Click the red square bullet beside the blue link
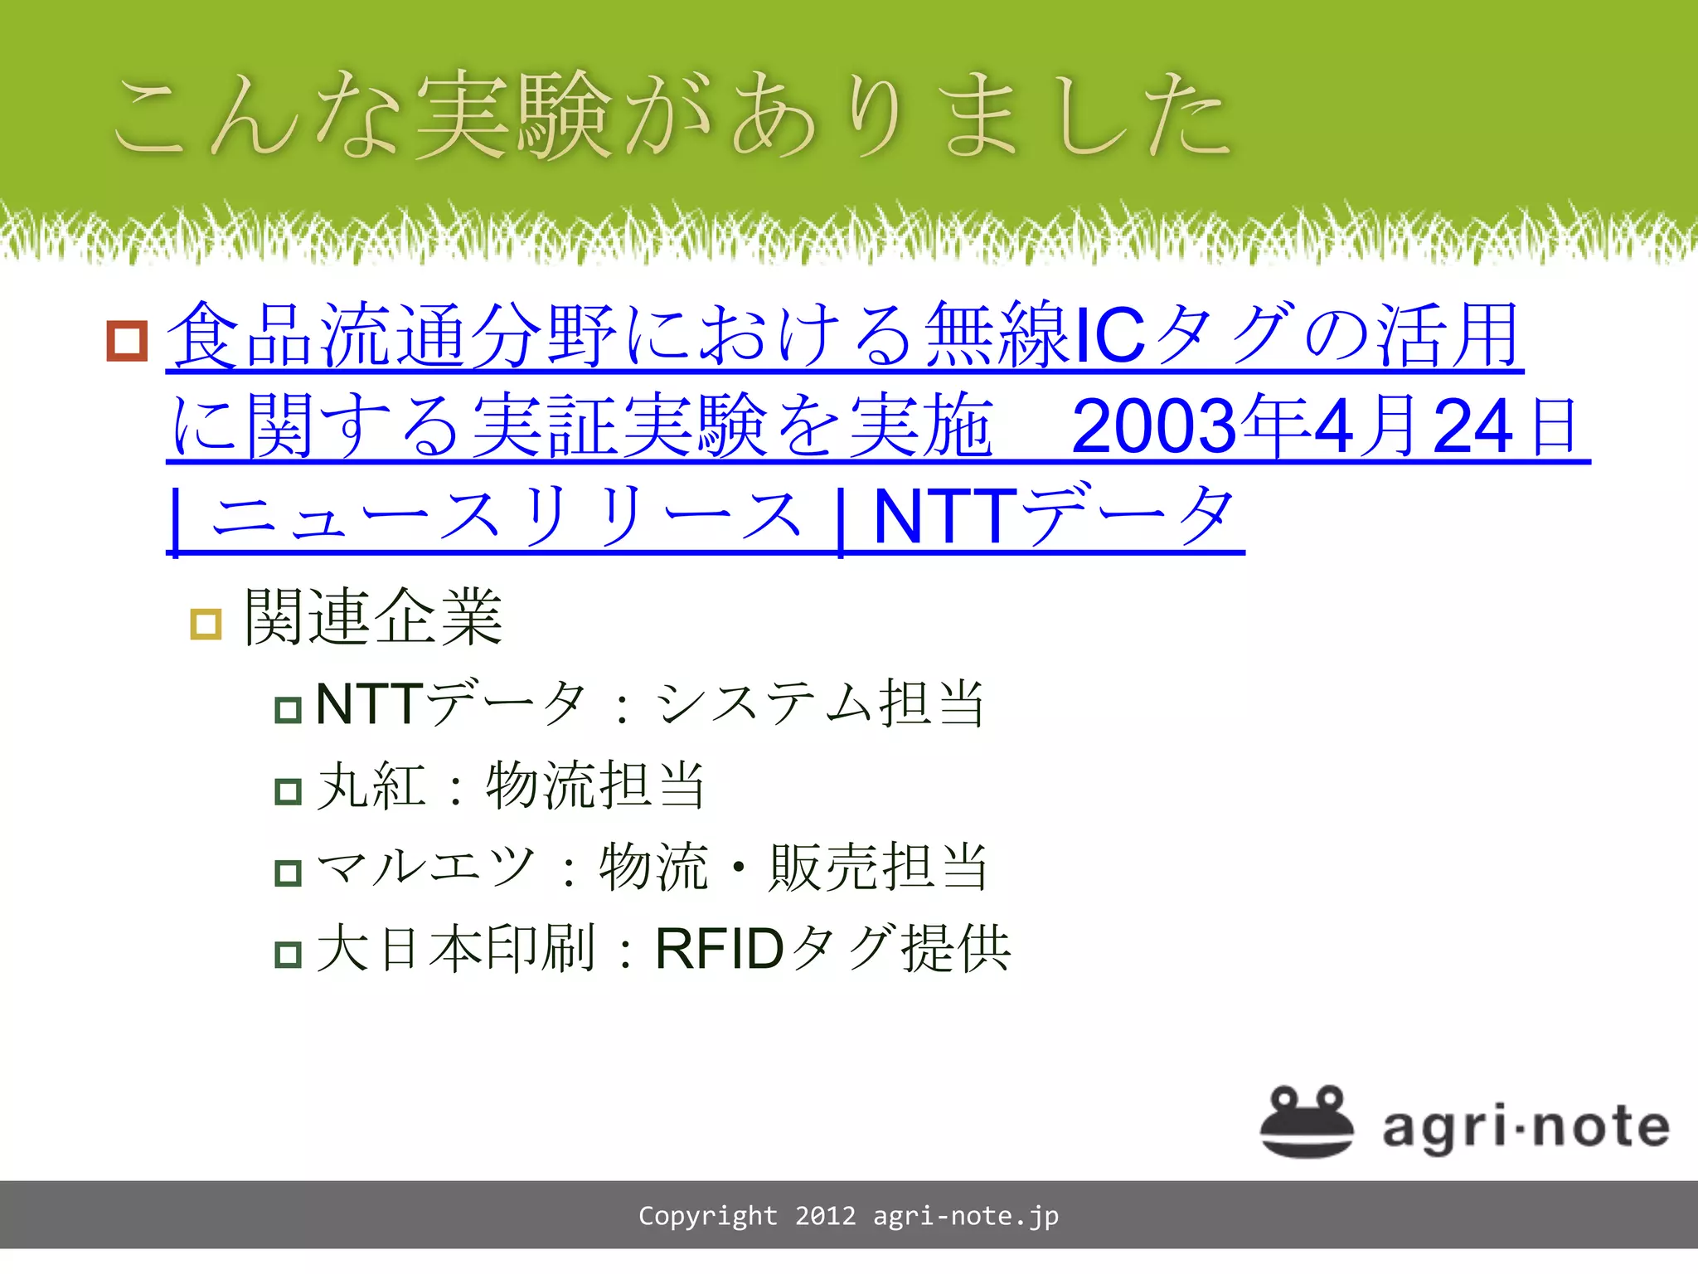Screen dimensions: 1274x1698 [127, 341]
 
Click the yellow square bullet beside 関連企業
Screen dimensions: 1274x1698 [206, 624]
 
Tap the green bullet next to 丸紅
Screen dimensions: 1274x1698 [288, 791]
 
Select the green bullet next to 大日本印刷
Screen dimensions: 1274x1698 [288, 954]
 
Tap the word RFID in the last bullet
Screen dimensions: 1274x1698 [719, 949]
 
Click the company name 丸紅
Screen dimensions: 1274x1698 [371, 785]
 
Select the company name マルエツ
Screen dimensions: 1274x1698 [426, 867]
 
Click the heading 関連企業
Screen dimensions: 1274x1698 [374, 617]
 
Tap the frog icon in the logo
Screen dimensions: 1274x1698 [1307, 1121]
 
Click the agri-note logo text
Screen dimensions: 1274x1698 [1526, 1127]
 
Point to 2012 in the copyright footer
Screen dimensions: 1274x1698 [825, 1216]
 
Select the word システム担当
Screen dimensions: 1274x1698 [821, 703]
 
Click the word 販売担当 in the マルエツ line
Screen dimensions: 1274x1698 [879, 867]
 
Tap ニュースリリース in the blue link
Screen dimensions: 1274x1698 [507, 517]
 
